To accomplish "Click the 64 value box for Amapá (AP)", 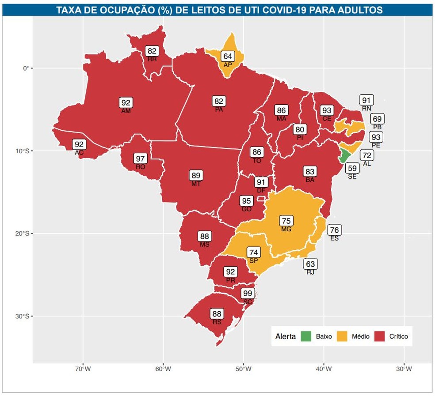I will coord(228,57).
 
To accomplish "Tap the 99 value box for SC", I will coord(248,294).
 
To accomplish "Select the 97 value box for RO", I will coord(141,159).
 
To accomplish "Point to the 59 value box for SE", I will coord(352,168).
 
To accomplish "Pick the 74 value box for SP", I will coord(254,253).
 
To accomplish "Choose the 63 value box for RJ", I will coord(310,264).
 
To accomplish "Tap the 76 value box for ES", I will coord(335,230).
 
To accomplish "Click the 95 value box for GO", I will coord(246,201).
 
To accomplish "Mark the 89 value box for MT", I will coord(196,175).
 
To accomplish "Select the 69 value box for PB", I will coord(377,119).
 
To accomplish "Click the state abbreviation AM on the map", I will coord(126,111).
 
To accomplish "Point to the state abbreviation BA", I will coord(310,180).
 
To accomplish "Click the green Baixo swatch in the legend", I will coord(306,336).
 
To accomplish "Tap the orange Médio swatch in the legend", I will coord(341,336).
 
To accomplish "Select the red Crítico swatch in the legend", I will coord(379,336).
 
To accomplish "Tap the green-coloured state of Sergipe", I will coord(344,155).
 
